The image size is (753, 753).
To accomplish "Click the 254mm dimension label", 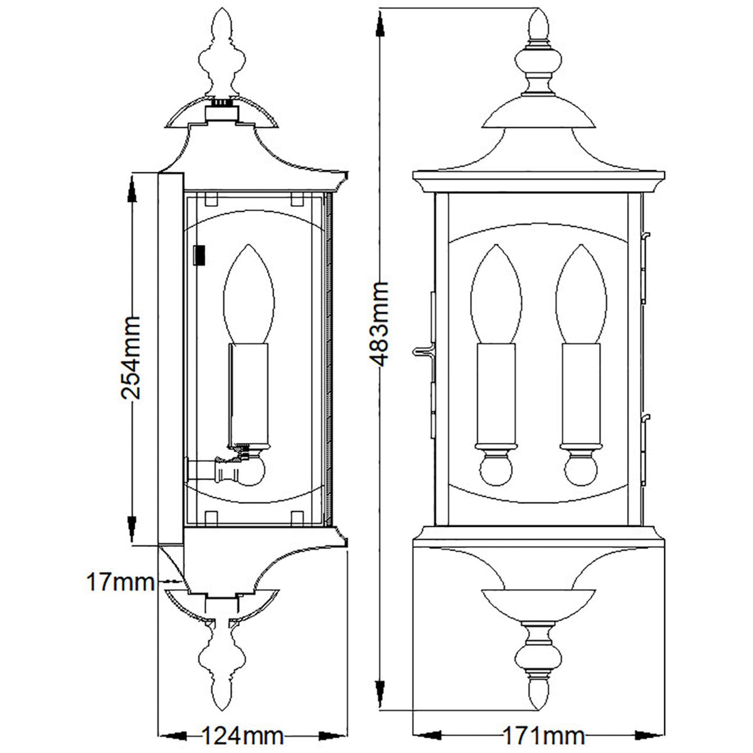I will tap(131, 358).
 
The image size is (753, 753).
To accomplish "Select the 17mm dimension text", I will tap(120, 582).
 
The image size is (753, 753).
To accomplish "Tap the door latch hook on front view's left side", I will tap(422, 351).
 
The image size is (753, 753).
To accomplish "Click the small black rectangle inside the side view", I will tap(200, 254).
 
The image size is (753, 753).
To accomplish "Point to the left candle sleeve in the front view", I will tap(496, 392).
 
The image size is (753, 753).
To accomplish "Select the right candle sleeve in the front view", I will tap(581, 392).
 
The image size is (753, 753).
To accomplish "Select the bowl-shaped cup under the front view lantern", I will tap(538, 606).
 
